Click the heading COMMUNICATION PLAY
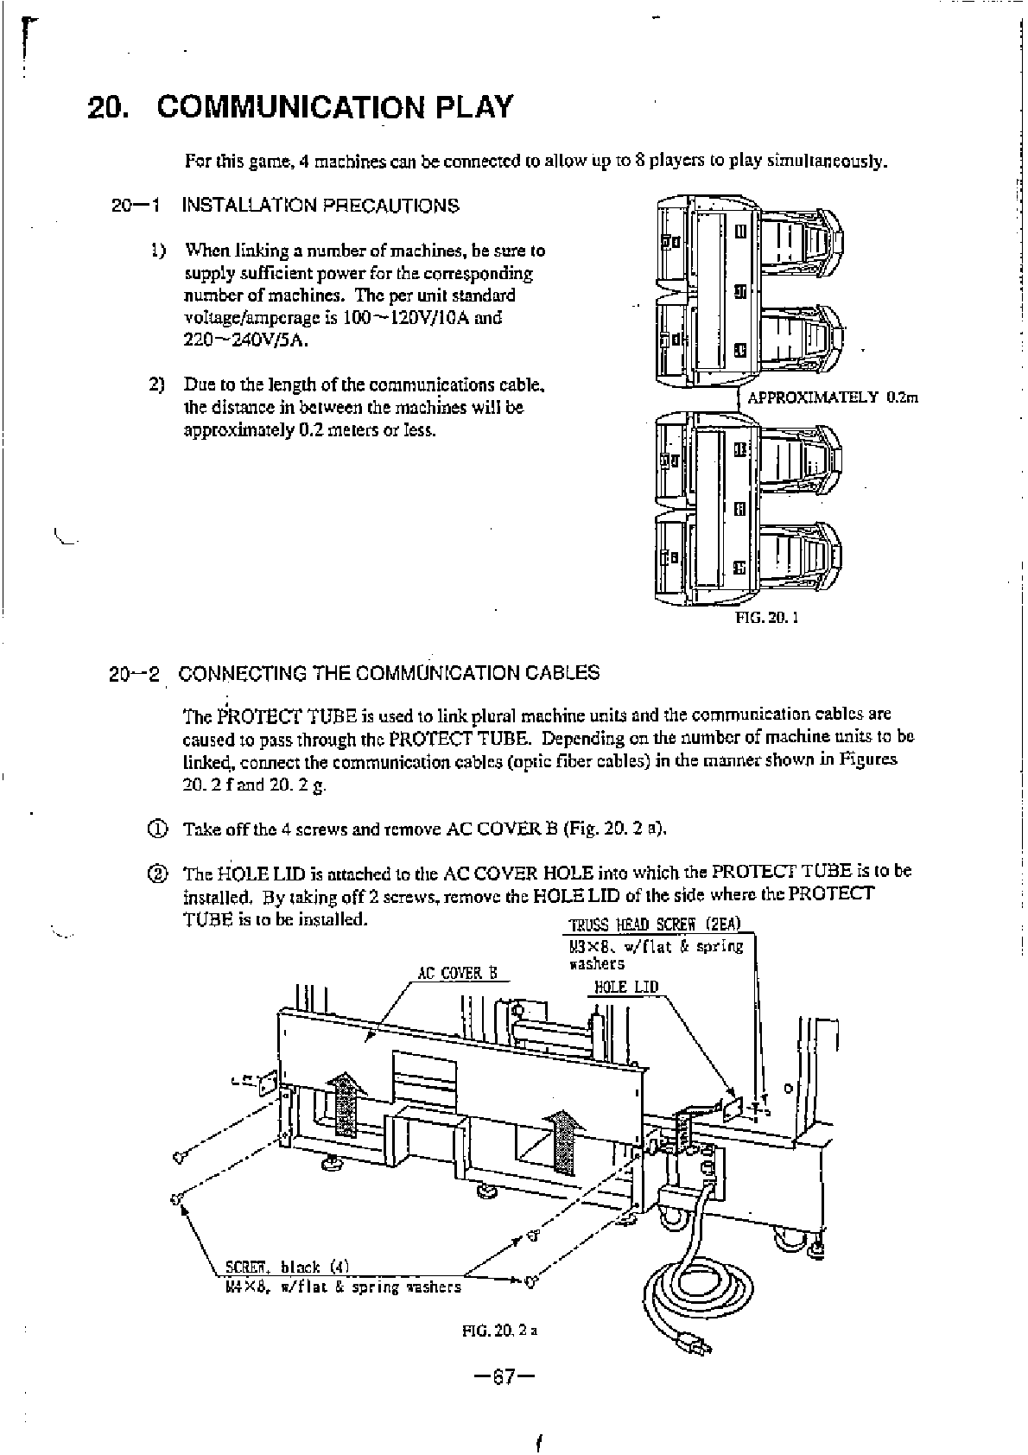336,107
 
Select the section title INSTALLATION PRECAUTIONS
320,206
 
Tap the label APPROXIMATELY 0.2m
831,397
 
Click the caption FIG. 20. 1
766,618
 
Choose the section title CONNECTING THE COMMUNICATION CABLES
389,673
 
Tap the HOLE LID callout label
626,987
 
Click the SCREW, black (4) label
286,1268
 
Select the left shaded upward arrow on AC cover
345,1103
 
